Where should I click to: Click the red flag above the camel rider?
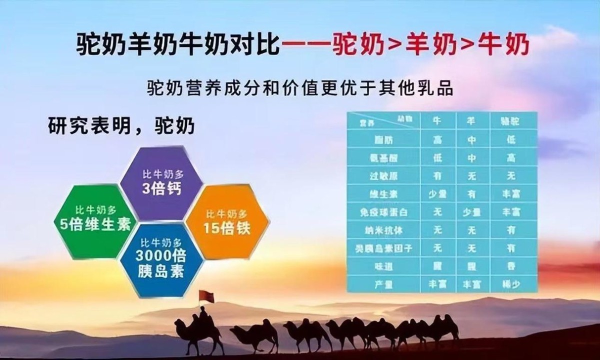(x=206, y=296)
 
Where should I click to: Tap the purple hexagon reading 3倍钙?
(x=161, y=182)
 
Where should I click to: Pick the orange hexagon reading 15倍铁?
(x=227, y=222)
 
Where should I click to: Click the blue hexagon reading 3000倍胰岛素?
(x=161, y=260)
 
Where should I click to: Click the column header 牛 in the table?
(x=437, y=121)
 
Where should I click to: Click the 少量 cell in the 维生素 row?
(x=437, y=194)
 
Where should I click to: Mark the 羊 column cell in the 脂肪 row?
(x=471, y=140)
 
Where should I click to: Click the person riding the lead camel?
(x=203, y=315)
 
